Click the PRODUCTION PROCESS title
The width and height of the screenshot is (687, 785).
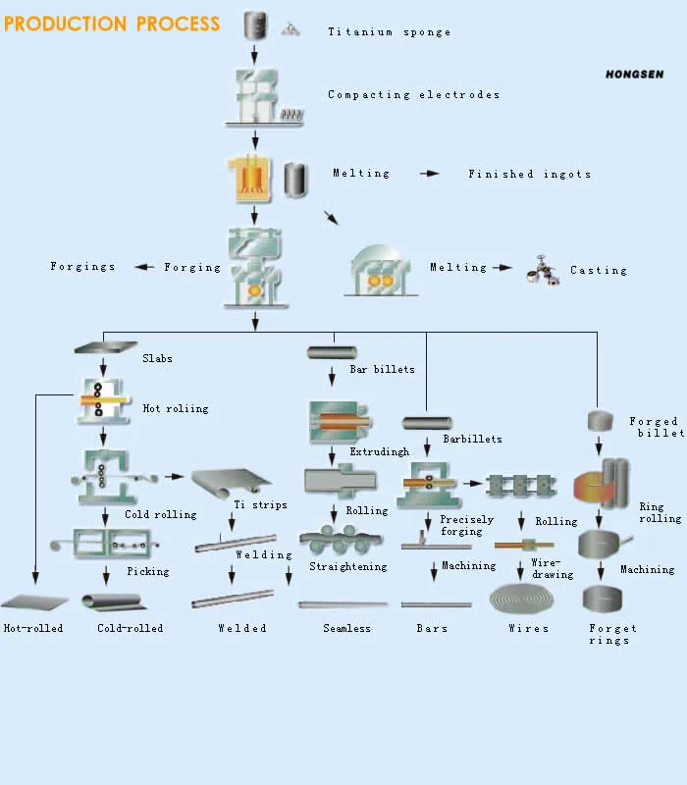(x=112, y=24)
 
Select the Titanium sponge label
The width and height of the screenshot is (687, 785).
(x=389, y=32)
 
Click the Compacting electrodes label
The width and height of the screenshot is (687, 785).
(x=413, y=95)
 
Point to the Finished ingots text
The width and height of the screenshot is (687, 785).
(x=529, y=175)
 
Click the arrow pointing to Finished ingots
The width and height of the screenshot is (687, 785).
(x=430, y=174)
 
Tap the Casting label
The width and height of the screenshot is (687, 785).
(x=598, y=271)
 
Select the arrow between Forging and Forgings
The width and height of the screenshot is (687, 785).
(x=144, y=267)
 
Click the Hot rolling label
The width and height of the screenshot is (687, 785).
(x=176, y=408)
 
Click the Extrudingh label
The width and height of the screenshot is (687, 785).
(x=379, y=452)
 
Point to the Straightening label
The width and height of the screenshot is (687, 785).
(x=347, y=567)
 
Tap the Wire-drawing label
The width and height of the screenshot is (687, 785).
(x=552, y=569)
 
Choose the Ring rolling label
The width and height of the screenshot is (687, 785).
(x=660, y=513)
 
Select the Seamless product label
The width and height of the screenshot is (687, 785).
(x=346, y=629)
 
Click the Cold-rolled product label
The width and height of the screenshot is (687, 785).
(x=130, y=628)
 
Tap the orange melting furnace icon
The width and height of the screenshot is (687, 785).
(x=248, y=180)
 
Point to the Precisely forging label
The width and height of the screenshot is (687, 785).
(x=461, y=526)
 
